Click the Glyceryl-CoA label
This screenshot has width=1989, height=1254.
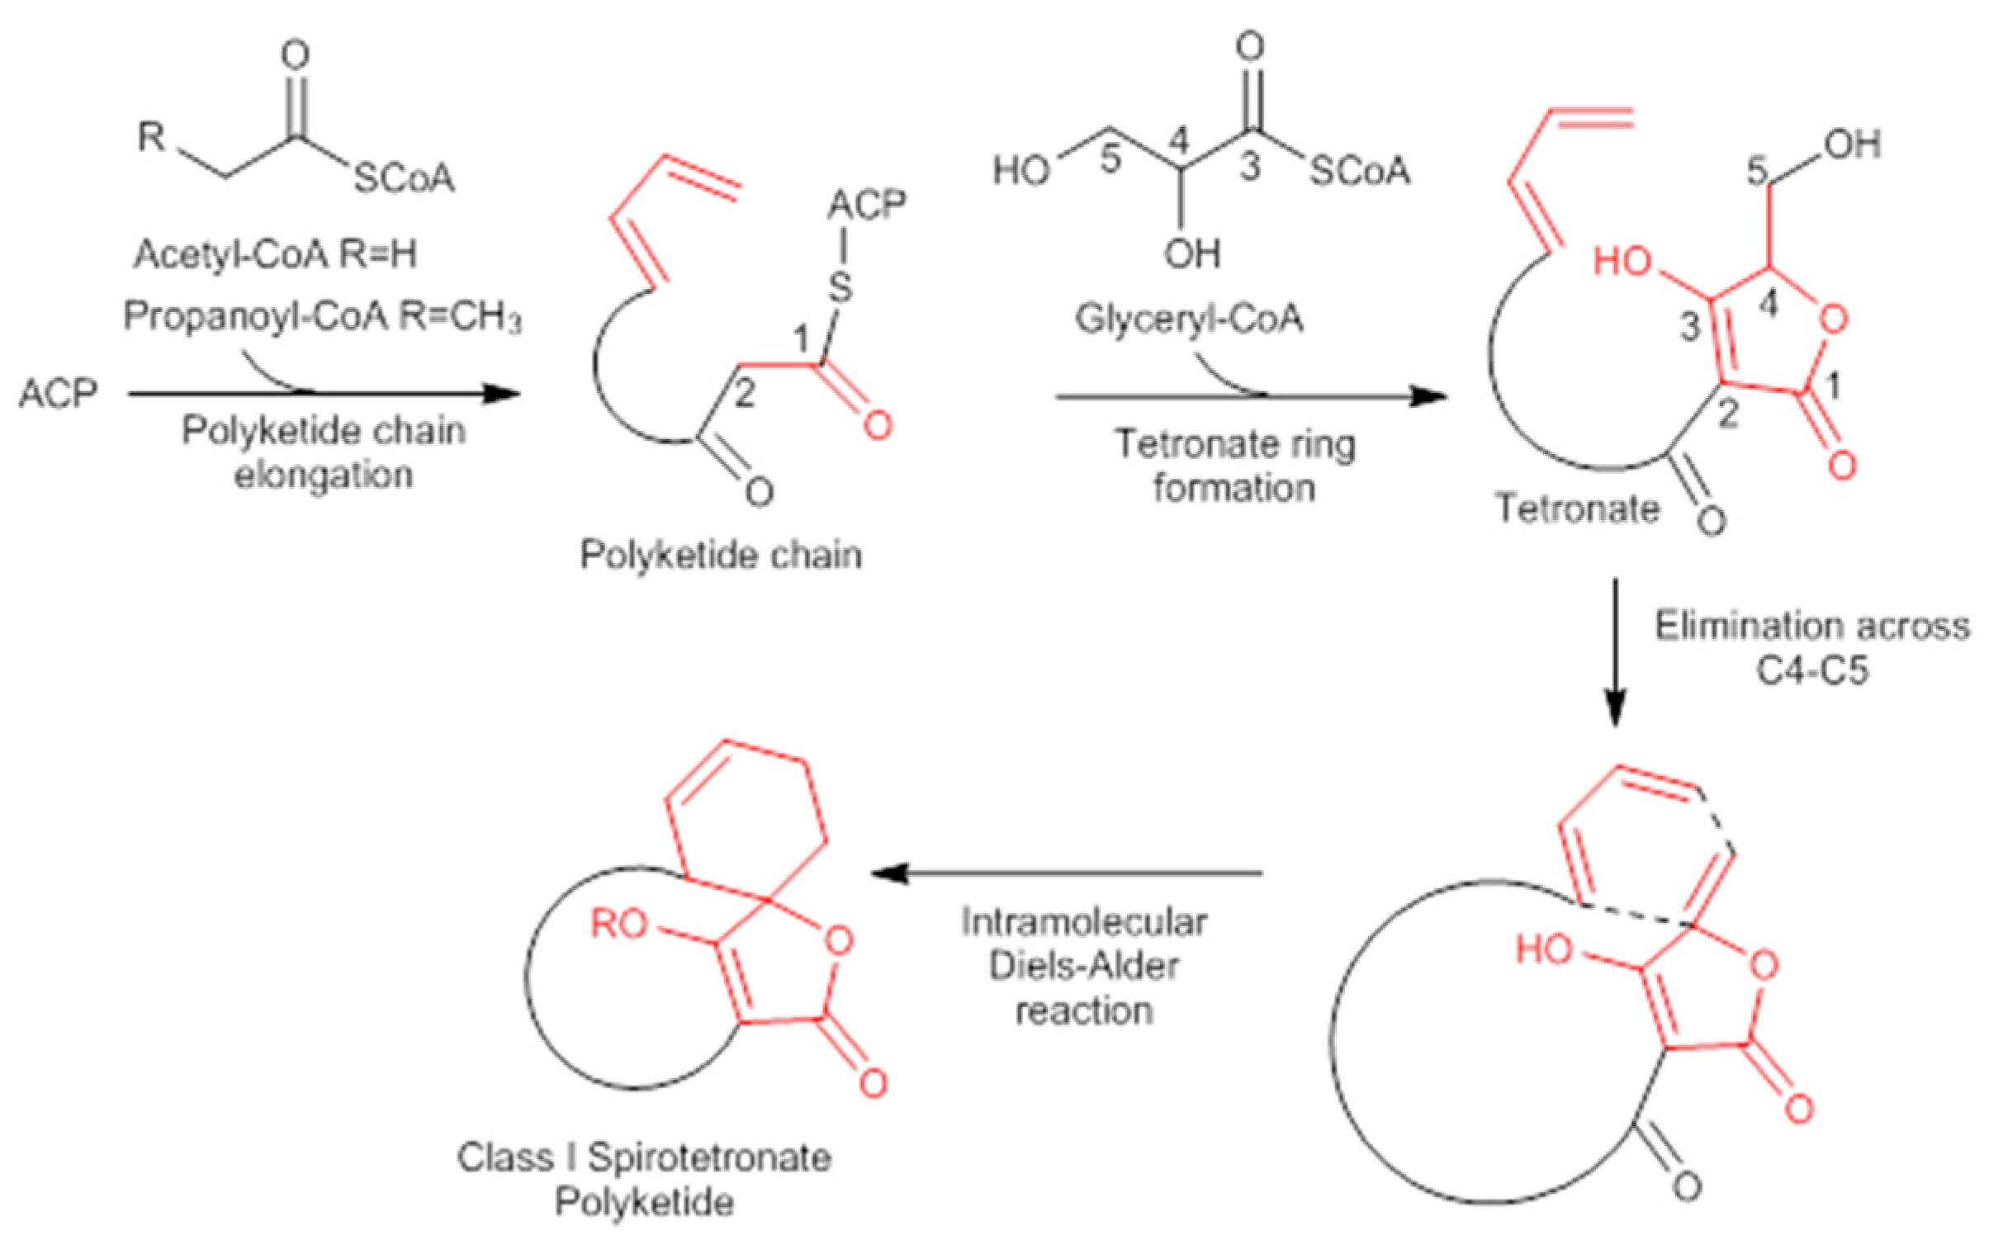tap(1189, 319)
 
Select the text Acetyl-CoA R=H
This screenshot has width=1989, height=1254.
tap(275, 254)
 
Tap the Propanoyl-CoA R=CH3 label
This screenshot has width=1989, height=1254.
tap(322, 316)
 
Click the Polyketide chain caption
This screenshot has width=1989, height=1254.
tap(720, 554)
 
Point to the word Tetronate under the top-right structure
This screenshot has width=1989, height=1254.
tap(1577, 508)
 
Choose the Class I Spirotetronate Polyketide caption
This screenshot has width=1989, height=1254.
tap(644, 1180)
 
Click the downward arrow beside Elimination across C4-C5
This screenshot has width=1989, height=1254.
tap(1616, 653)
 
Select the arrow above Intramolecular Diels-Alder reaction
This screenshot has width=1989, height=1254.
tap(1066, 873)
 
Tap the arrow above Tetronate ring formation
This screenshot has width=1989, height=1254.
tap(1252, 397)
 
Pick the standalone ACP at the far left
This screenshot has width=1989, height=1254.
tap(58, 393)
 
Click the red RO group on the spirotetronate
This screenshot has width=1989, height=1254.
tap(618, 925)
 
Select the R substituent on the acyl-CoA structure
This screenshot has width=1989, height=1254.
tap(151, 136)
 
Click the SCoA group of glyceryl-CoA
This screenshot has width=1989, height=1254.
tap(1360, 172)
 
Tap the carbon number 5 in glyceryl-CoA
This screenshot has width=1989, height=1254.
tap(1110, 159)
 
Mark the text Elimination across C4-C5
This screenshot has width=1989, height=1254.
tap(1812, 648)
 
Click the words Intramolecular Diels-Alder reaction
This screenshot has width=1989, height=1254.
tap(1084, 967)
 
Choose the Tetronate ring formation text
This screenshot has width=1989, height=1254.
tap(1235, 466)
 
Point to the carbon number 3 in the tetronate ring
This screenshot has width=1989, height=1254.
tap(1689, 328)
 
